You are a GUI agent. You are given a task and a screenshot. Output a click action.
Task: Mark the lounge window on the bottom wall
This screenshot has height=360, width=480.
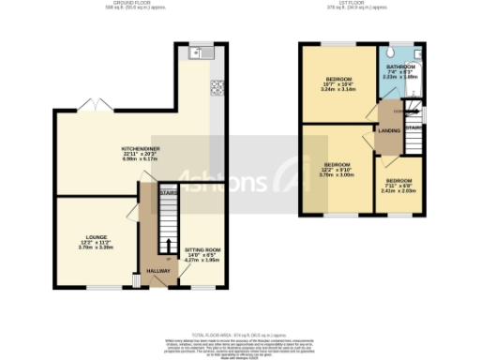[95, 286]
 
